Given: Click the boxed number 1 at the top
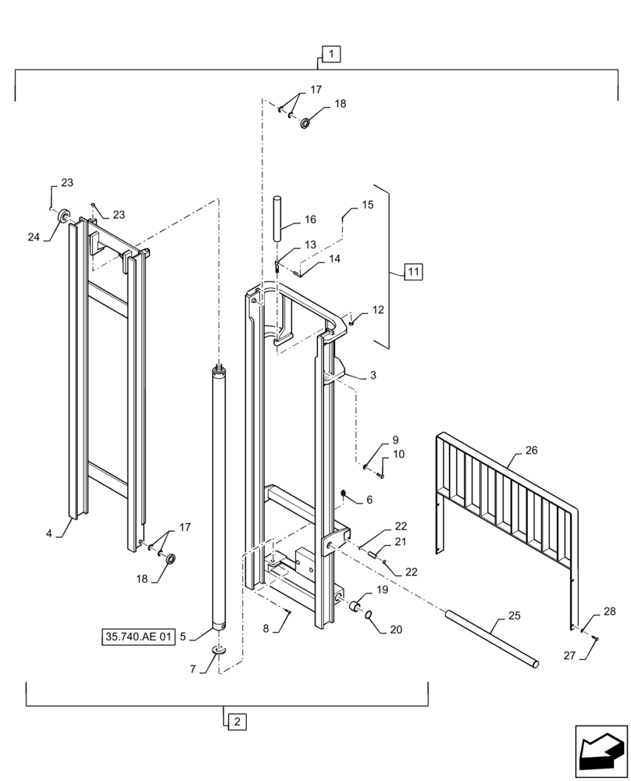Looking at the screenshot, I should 331,54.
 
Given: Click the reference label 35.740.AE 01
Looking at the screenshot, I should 137,637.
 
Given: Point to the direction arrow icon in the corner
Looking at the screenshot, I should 601,751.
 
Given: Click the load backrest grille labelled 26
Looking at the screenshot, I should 508,500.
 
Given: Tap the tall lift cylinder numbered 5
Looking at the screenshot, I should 219,500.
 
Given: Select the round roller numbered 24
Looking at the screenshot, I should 63,216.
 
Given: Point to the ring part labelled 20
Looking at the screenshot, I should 366,619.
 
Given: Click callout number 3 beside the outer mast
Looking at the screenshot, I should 373,376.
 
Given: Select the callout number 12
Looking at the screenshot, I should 378,310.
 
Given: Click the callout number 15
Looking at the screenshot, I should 368,205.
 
